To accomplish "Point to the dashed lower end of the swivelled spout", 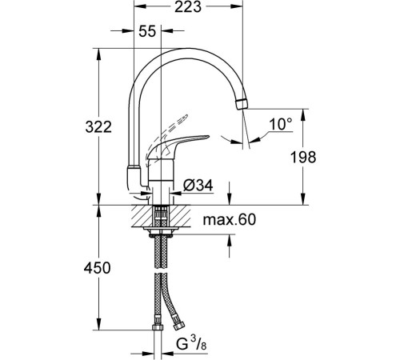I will point(131,176).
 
